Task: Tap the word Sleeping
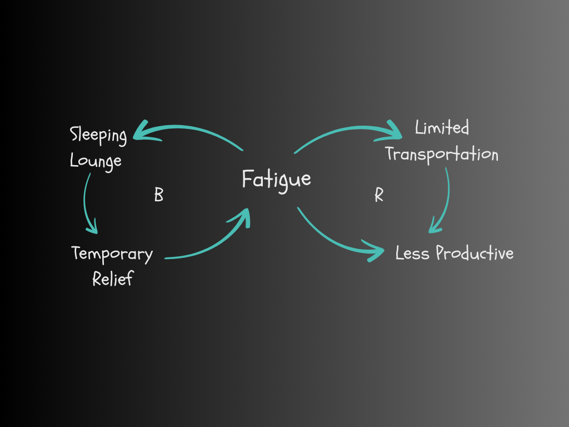[98, 136]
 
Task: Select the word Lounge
[96, 161]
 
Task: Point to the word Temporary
[112, 254]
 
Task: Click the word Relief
[113, 278]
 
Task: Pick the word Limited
[442, 128]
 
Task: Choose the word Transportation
[442, 154]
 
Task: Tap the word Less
[412, 254]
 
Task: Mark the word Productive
[475, 254]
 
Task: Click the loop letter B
[158, 195]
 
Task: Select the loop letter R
[379, 195]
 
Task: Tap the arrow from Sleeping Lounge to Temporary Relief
[87, 200]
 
